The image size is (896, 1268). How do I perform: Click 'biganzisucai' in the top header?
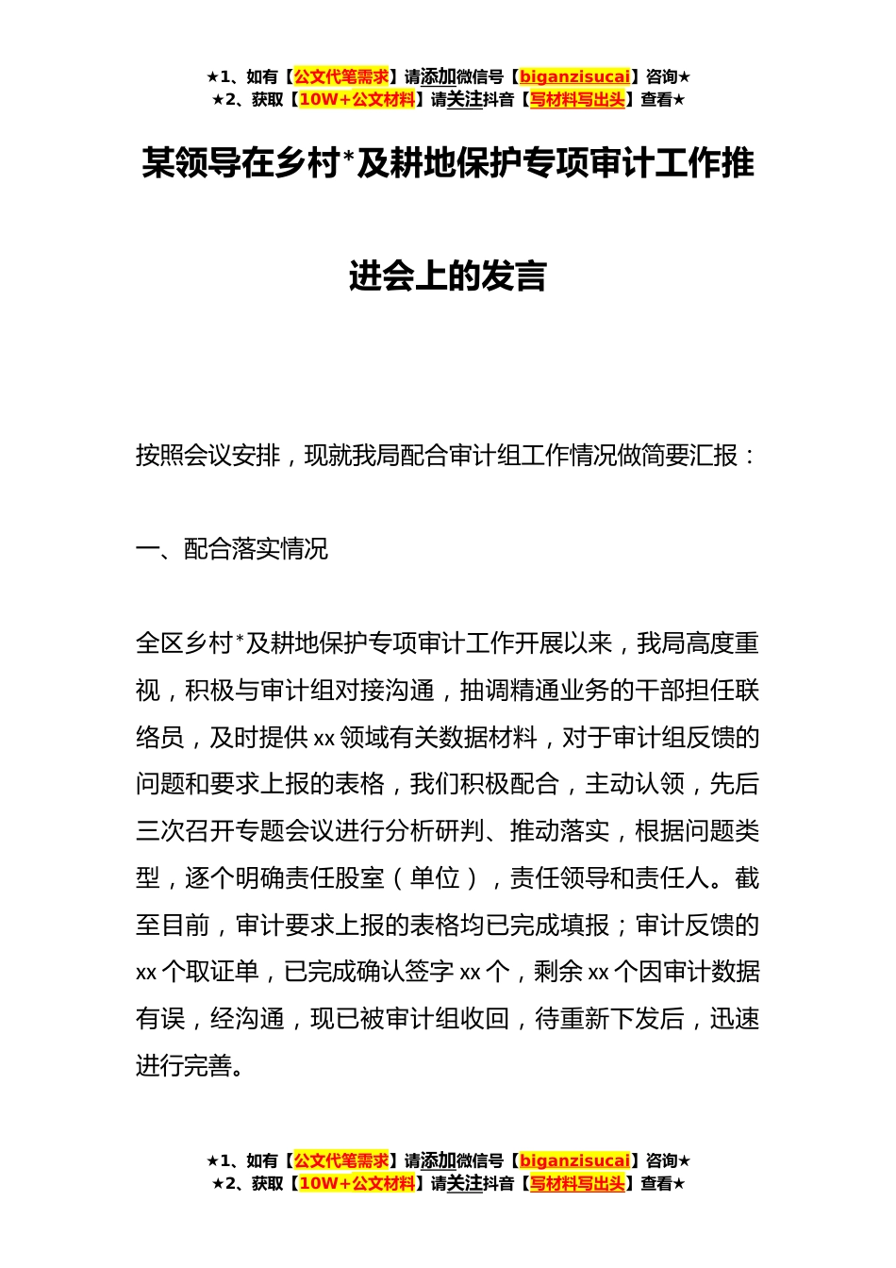click(574, 77)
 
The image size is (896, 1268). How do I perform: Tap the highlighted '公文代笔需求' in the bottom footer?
click(341, 1161)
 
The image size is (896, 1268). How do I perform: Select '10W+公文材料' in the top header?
click(357, 100)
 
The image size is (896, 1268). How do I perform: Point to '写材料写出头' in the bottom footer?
click(577, 1184)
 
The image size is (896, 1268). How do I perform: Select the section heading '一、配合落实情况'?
click(232, 549)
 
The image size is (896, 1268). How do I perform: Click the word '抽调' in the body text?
click(484, 691)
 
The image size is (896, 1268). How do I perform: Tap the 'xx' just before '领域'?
click(324, 738)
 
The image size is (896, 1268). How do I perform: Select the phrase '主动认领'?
click(635, 785)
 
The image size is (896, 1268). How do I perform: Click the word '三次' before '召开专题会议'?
click(160, 831)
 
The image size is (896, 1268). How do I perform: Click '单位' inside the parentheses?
click(435, 878)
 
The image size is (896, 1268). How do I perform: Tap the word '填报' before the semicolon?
click(585, 926)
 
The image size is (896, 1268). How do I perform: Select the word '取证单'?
click(223, 972)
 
